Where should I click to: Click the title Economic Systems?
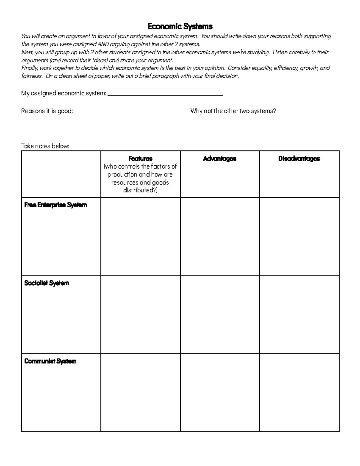tap(180, 27)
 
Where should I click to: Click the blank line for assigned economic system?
tap(165, 94)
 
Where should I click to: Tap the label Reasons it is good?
tap(47, 111)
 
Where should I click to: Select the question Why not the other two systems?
tap(233, 111)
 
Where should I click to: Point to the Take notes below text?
tap(45, 146)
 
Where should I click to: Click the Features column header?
tap(140, 158)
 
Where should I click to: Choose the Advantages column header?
tap(220, 158)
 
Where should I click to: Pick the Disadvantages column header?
tap(299, 158)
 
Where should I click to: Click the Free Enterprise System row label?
tap(55, 205)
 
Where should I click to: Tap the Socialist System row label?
tap(46, 283)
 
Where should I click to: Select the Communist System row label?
tap(50, 361)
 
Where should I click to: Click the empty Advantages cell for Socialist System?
tap(220, 314)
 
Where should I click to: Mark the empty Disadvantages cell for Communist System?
tap(299, 392)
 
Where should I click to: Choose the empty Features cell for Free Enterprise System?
tap(140, 236)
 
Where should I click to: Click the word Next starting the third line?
tap(27, 52)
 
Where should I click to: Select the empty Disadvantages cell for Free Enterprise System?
tap(299, 236)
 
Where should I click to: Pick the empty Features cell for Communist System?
tap(140, 392)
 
